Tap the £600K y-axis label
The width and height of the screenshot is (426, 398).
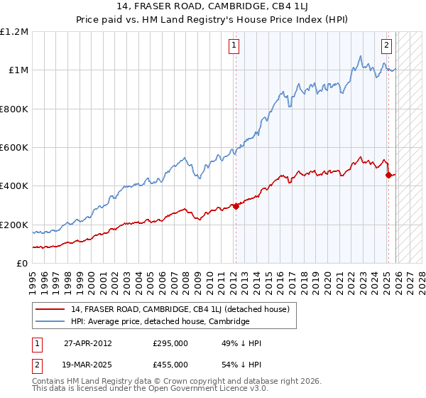[14, 148]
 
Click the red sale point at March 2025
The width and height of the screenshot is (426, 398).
[388, 175]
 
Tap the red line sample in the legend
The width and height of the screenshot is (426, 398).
[51, 310]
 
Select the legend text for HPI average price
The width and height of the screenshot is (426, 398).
[160, 321]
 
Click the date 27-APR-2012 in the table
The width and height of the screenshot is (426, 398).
[88, 343]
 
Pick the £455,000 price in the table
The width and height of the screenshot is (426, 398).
[170, 364]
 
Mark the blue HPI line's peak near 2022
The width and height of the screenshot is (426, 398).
[361, 56]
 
